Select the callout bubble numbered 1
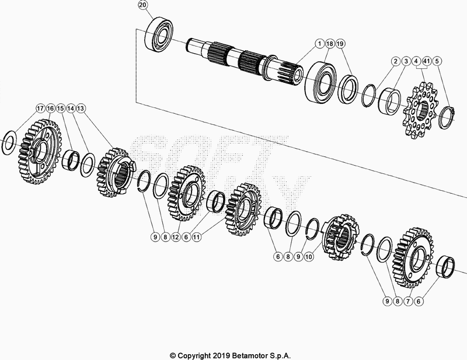point(320,44)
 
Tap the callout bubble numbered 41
point(427,61)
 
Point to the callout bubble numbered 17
point(40,108)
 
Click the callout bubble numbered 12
point(176,237)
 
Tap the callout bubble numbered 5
point(438,61)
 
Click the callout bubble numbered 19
point(340,44)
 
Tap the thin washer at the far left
point(9,140)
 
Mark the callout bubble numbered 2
point(395,61)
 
